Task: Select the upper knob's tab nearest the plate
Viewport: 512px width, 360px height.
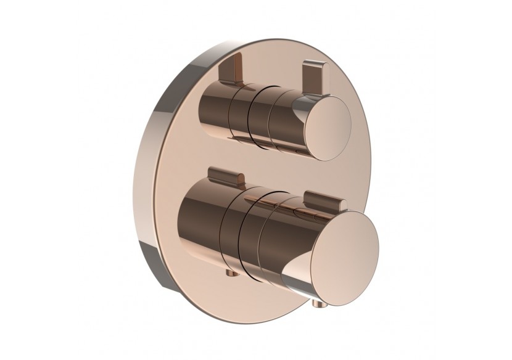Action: [233, 69]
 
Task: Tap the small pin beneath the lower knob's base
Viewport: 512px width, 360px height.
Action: [229, 274]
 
